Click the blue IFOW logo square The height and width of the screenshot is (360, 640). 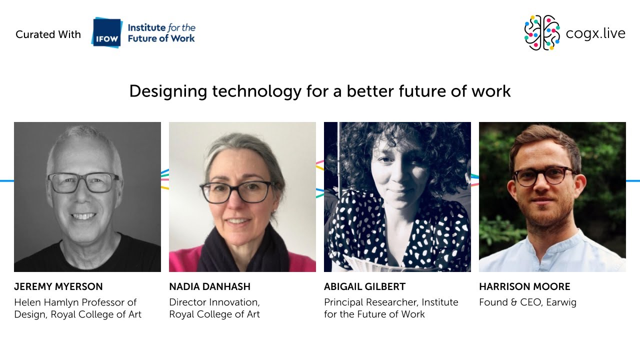click(x=106, y=33)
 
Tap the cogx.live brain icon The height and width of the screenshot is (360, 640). click(x=541, y=33)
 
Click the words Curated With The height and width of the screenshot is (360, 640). click(x=48, y=34)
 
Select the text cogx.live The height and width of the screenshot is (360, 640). click(x=595, y=33)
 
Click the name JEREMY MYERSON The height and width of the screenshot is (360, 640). click(x=58, y=287)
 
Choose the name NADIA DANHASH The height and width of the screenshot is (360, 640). click(x=209, y=287)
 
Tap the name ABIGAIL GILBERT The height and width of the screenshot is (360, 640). click(x=364, y=287)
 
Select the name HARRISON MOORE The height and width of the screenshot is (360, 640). click(x=524, y=287)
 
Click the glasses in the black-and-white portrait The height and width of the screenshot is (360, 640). click(x=83, y=183)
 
